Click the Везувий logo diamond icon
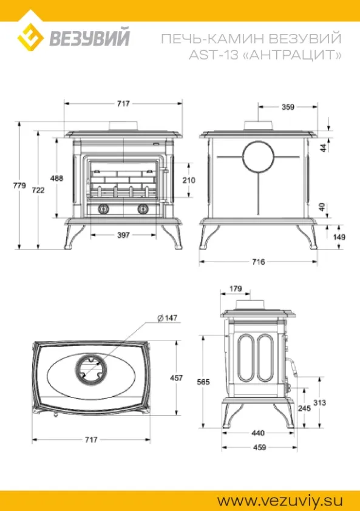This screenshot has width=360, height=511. (x=30, y=37)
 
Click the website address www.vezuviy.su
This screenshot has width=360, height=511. (x=280, y=501)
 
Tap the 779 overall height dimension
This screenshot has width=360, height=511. (x=19, y=186)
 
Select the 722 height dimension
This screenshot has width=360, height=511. (x=38, y=190)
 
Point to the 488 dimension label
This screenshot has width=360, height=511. (x=56, y=178)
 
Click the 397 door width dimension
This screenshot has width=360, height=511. (x=123, y=235)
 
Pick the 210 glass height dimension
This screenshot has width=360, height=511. (x=189, y=180)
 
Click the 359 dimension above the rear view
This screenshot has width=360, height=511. (x=288, y=107)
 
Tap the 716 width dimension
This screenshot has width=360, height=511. (x=258, y=262)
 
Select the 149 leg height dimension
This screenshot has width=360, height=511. (x=339, y=237)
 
